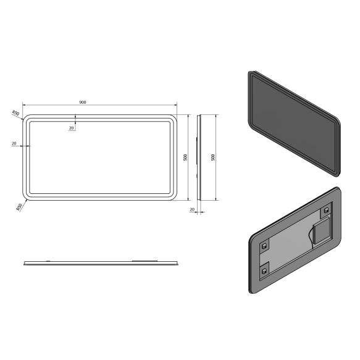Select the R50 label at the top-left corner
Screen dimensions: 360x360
17,113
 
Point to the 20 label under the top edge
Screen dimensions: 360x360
72,128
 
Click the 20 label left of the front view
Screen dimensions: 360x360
14,143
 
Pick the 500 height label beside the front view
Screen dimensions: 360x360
185,157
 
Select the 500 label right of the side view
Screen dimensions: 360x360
213,157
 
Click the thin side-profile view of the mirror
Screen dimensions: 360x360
198,157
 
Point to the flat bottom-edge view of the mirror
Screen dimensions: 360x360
101,263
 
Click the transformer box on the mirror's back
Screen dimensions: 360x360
320,233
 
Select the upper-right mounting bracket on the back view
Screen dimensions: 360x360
323,211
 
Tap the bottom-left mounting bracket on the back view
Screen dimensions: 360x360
266,269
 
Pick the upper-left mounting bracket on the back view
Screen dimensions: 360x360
265,245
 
